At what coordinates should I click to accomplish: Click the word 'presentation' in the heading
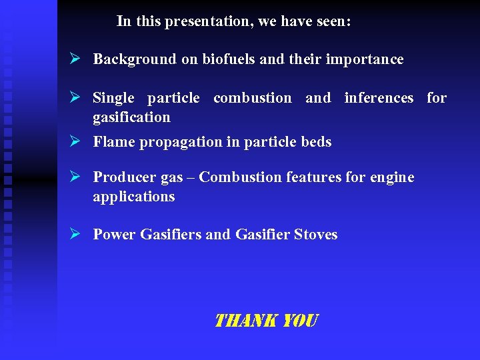pyautogui.click(x=209, y=21)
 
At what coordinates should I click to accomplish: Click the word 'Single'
pyautogui.click(x=113, y=99)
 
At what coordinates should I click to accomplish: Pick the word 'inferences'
pyautogui.click(x=379, y=98)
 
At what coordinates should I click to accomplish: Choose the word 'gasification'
pyautogui.click(x=131, y=117)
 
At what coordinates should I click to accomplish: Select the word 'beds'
pyautogui.click(x=316, y=142)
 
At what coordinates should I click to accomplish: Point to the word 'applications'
pyautogui.click(x=133, y=197)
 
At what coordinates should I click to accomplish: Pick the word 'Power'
pyautogui.click(x=115, y=235)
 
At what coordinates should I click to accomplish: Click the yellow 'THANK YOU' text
pyautogui.click(x=266, y=321)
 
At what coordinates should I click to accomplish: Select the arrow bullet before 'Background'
pyautogui.click(x=75, y=59)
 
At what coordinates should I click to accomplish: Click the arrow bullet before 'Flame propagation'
pyautogui.click(x=75, y=141)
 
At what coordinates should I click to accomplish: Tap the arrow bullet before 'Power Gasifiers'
pyautogui.click(x=75, y=234)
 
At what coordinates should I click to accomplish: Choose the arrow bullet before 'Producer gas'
pyautogui.click(x=75, y=177)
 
